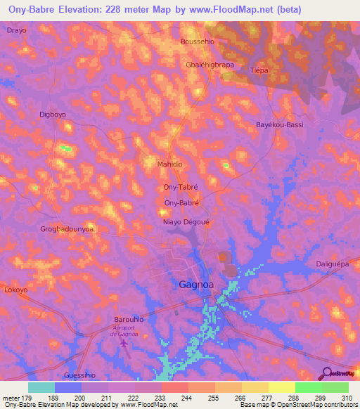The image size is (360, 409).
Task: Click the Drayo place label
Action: pos(17,31)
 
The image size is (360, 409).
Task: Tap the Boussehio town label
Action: pos(198,41)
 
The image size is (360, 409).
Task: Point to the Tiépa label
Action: pos(259,70)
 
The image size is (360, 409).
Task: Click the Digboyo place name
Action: pos(53,114)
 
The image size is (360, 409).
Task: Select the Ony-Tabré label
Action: pos(181,187)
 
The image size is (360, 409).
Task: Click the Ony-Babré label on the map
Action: pos(182,203)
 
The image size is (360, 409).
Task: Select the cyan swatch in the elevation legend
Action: pos(41,387)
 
